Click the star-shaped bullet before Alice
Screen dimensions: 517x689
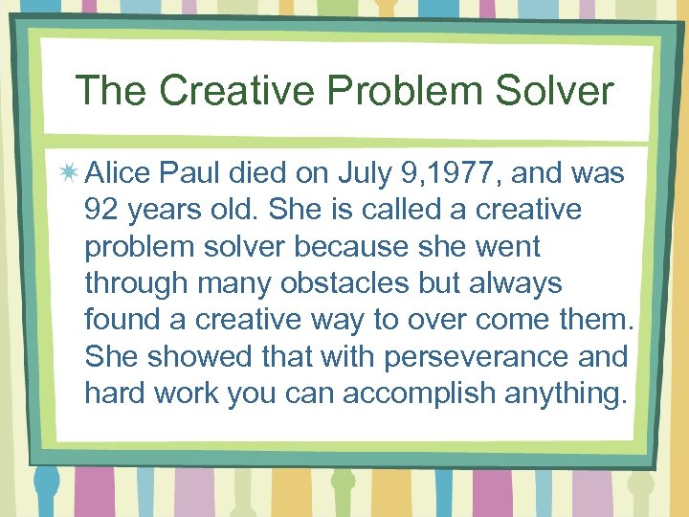coord(70,173)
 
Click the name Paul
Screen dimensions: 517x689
coord(188,173)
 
